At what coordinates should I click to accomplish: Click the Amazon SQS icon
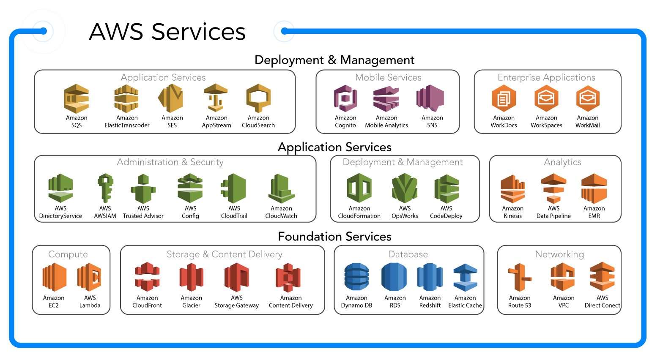(77, 99)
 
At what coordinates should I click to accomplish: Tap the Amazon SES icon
(171, 98)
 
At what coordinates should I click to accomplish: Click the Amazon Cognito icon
(345, 99)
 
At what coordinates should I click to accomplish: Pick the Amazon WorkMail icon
(588, 98)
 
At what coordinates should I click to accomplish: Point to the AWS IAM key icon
(105, 188)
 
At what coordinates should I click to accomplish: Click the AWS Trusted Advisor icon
(143, 188)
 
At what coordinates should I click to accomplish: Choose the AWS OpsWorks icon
(405, 188)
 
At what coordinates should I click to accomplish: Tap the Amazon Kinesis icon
(512, 189)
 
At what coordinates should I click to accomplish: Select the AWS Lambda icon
(90, 277)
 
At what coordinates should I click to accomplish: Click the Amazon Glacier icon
(191, 277)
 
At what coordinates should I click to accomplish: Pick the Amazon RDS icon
(394, 277)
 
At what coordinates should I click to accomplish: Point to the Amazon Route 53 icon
(519, 278)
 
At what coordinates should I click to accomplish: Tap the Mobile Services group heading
(388, 77)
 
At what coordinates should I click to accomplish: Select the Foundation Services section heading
(334, 237)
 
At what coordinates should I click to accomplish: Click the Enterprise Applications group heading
(546, 77)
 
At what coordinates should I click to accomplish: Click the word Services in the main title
(198, 32)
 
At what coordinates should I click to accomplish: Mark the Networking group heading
(559, 254)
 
